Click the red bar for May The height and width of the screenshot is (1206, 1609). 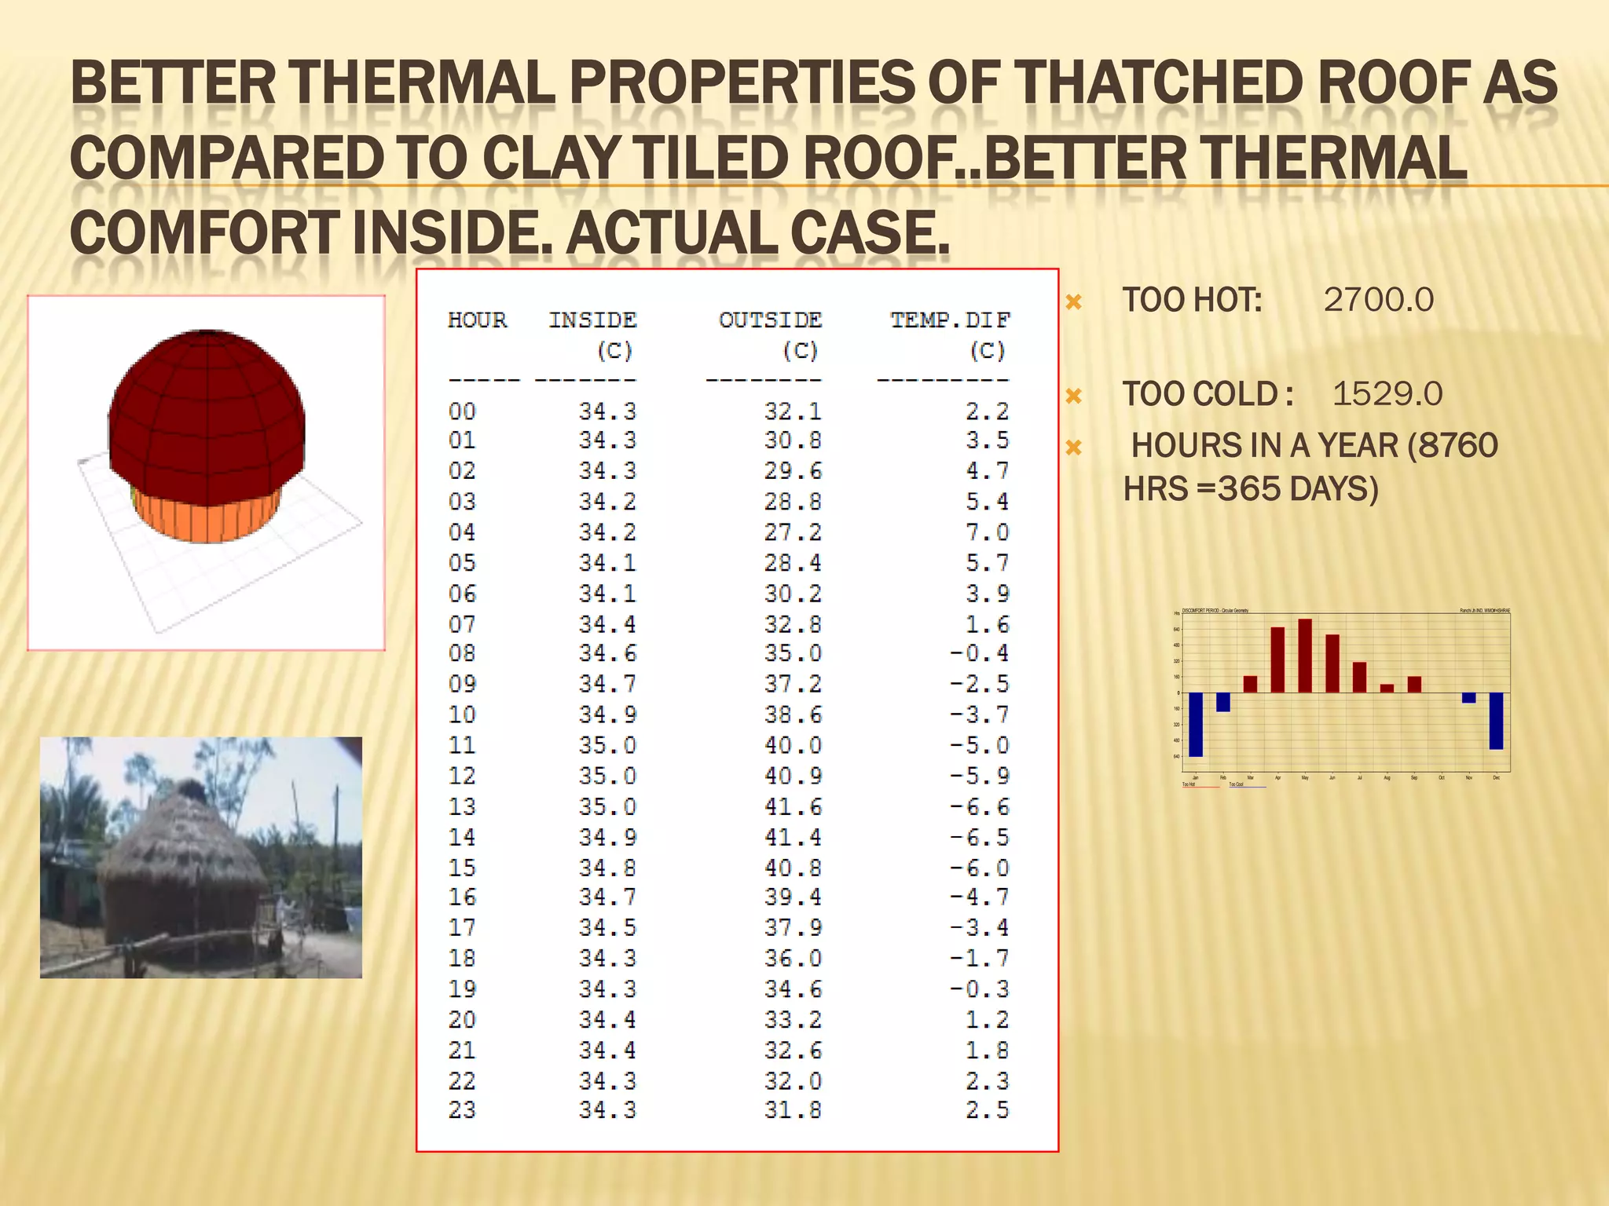tap(1305, 656)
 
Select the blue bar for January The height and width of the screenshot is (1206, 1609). tap(1196, 724)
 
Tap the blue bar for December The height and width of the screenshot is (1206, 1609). tap(1496, 721)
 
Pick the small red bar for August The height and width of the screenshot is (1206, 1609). tap(1387, 689)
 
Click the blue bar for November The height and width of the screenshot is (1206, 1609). tap(1468, 698)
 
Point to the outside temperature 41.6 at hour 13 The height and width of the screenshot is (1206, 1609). tap(793, 807)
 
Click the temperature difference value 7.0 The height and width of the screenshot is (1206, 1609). tap(987, 532)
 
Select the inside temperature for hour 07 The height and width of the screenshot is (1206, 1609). tap(607, 625)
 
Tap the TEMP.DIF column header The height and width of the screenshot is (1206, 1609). tap(950, 320)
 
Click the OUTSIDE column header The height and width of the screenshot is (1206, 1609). tap(770, 320)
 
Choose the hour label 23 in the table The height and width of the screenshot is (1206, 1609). tap(462, 1110)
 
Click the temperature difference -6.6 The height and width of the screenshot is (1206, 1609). tap(979, 807)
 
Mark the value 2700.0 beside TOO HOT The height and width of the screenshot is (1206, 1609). tap(1378, 300)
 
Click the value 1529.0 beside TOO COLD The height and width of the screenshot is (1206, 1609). tap(1387, 394)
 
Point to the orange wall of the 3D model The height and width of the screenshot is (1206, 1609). tap(206, 518)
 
